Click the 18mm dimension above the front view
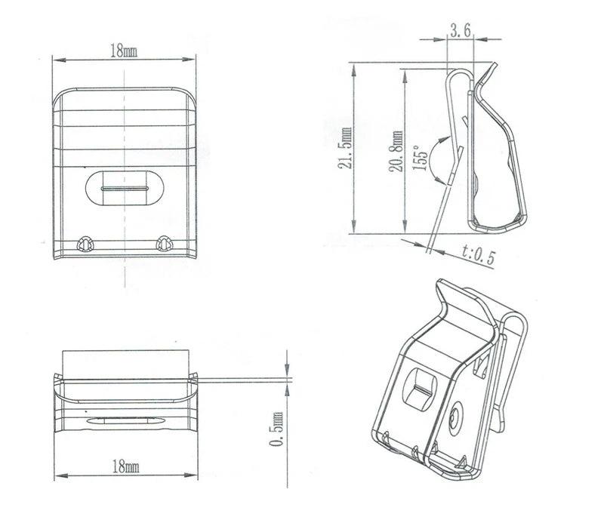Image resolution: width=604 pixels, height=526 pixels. pos(124,51)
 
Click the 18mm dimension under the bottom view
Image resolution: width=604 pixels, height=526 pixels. pos(125,468)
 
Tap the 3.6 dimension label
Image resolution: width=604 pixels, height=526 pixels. pos(461,32)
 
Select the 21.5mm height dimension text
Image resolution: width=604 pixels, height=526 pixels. pos(346,150)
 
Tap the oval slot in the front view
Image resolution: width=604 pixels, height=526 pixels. pos(124,186)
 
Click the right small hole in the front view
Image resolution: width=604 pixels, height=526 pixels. pos(163,243)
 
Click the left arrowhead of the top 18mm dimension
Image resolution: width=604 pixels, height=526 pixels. pos(55,57)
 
